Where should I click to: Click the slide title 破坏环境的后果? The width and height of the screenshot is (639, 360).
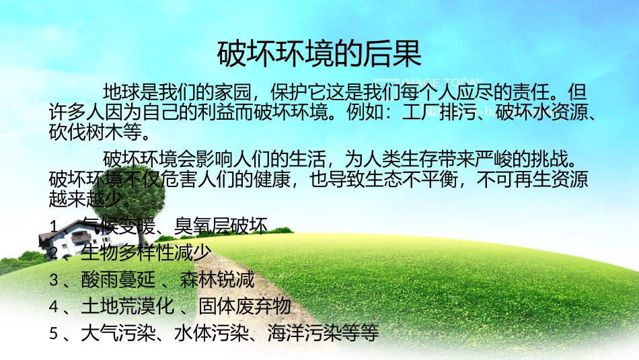(x=319, y=53)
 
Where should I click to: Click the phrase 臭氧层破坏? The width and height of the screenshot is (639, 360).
(x=221, y=225)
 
